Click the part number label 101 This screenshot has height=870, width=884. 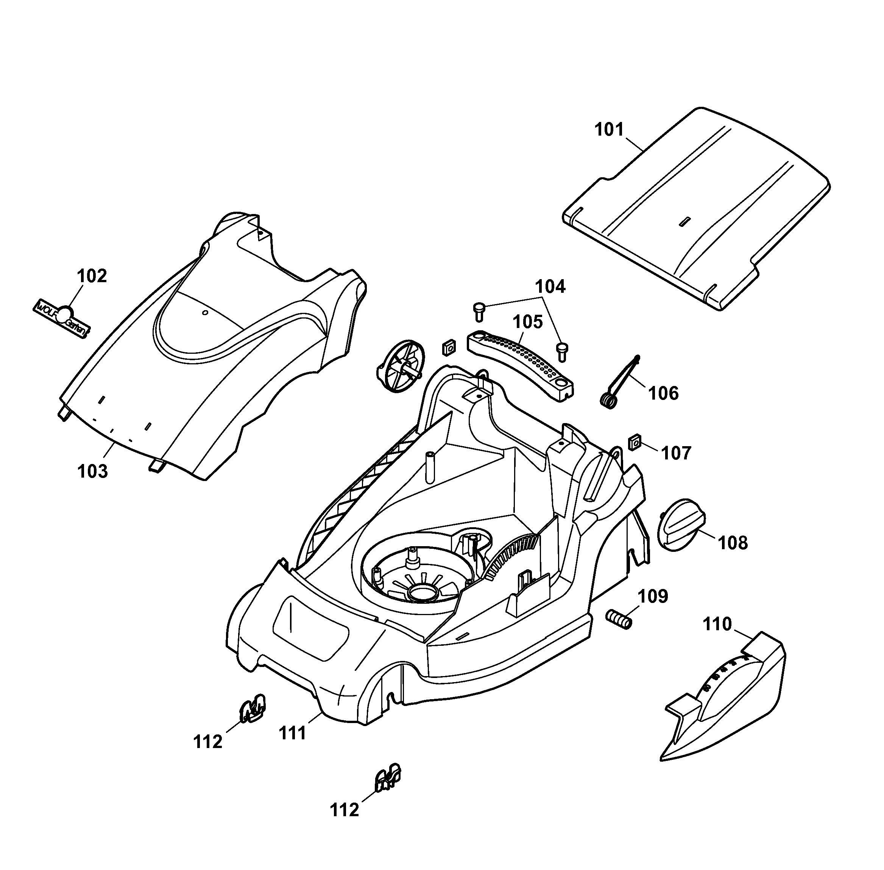click(x=609, y=130)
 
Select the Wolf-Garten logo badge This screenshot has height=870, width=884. click(x=62, y=319)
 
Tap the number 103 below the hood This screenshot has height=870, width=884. click(x=93, y=471)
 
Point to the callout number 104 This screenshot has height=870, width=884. click(x=550, y=286)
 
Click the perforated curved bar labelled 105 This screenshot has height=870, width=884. click(x=521, y=365)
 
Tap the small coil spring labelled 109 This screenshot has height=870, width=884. click(x=619, y=619)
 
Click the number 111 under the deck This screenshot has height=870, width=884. click(x=292, y=733)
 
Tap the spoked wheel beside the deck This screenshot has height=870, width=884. click(x=401, y=365)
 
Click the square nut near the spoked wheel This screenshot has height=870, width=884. click(x=448, y=348)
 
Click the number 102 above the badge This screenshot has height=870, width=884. click(x=92, y=276)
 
